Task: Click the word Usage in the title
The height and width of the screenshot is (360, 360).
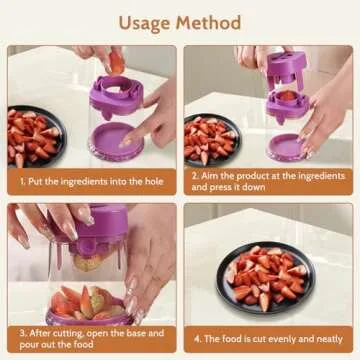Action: pyautogui.click(x=146, y=21)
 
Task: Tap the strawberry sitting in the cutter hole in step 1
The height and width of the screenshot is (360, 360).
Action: pyautogui.click(x=117, y=62)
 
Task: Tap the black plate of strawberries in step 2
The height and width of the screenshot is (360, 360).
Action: pyautogui.click(x=211, y=139)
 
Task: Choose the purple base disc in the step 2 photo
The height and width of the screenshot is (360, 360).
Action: pyautogui.click(x=287, y=146)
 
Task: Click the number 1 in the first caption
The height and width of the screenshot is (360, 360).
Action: pyautogui.click(x=22, y=183)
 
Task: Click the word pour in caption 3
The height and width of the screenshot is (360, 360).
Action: pyautogui.click(x=32, y=347)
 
